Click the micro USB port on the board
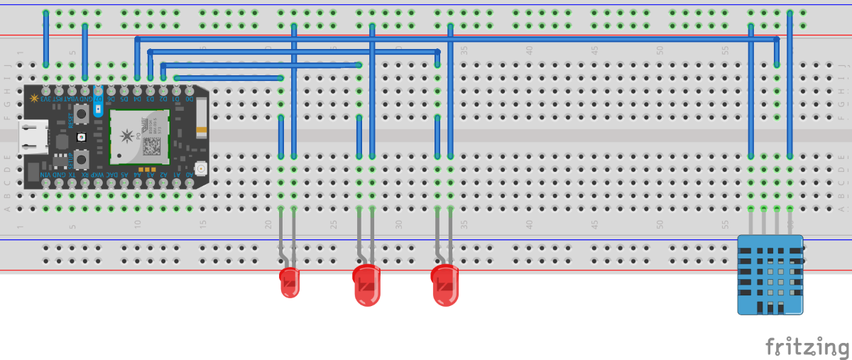click(33, 137)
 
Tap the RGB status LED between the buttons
click(82, 136)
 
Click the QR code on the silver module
click(152, 146)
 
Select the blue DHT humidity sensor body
click(770, 275)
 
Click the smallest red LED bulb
click(290, 282)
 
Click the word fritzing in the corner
click(807, 347)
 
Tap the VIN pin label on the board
click(46, 175)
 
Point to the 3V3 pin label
click(46, 99)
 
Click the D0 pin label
click(190, 99)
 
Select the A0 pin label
click(190, 175)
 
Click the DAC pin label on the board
click(111, 175)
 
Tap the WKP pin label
click(99, 175)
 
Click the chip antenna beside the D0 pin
click(202, 111)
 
